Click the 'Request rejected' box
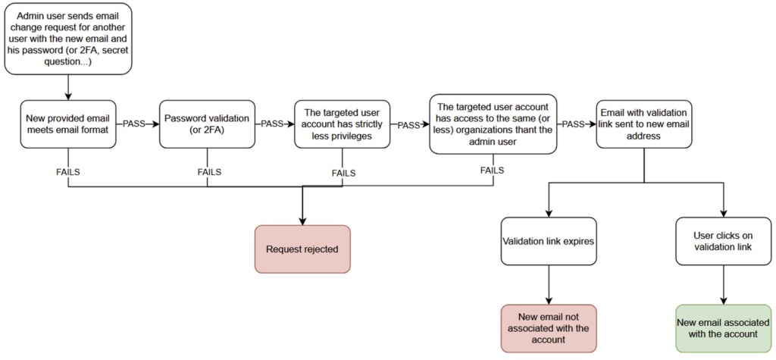coord(302,249)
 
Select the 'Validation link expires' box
coord(549,241)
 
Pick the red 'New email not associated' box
coord(549,328)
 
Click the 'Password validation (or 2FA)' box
coord(207,124)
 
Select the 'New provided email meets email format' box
coord(67,124)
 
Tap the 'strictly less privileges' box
coord(342,124)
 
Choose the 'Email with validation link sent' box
coord(644,124)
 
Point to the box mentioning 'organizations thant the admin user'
coord(493,124)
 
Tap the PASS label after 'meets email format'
coord(133,124)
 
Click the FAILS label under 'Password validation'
coord(209,172)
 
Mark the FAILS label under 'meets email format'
coord(67,172)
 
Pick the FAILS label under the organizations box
coord(492,171)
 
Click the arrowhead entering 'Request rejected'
coord(302,222)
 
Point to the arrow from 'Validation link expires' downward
coord(549,285)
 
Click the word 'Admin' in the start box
coord(31,17)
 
